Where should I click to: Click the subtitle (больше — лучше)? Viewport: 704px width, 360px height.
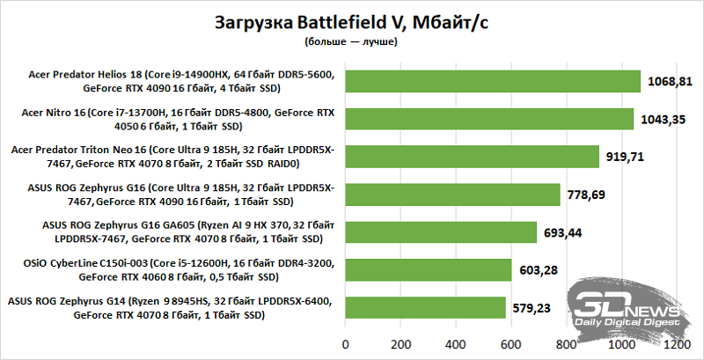(x=351, y=41)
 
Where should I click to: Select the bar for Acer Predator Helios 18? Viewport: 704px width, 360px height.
(x=493, y=81)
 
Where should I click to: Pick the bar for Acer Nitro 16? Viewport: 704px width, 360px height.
(x=489, y=119)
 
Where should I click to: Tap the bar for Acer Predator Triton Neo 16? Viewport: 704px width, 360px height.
(x=473, y=157)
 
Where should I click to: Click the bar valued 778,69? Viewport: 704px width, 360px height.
(x=453, y=195)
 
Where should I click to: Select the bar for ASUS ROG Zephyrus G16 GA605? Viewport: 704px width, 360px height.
(x=441, y=232)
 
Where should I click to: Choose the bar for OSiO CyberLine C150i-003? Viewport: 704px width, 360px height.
(x=429, y=270)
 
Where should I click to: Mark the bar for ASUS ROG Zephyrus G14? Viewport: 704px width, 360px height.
(x=425, y=307)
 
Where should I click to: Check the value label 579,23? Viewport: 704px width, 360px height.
(x=537, y=307)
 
